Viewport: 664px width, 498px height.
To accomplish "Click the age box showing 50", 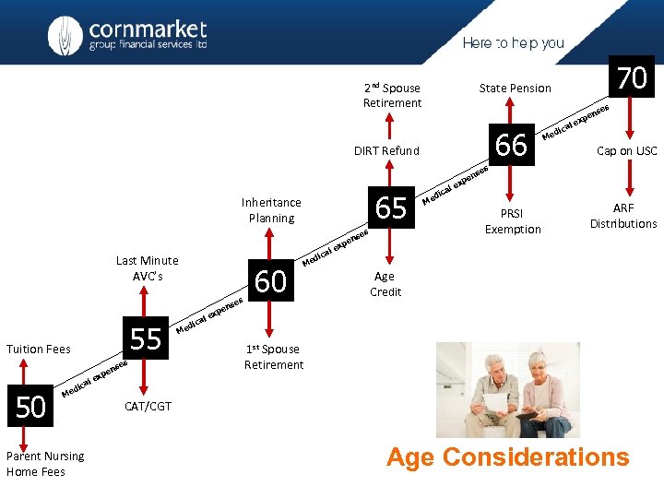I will pyautogui.click(x=31, y=407).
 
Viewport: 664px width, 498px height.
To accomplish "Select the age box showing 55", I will pyautogui.click(x=146, y=339).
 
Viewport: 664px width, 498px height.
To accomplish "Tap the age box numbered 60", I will pyautogui.click(x=270, y=280).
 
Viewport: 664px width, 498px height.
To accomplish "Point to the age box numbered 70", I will pyautogui.click(x=632, y=78).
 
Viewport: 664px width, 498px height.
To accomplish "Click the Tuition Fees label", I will pyautogui.click(x=39, y=349).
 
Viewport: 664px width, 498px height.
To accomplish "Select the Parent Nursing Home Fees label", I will pyautogui.click(x=44, y=464).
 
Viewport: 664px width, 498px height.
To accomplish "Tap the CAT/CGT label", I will pyautogui.click(x=148, y=407).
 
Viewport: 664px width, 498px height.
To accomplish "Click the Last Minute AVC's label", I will pyautogui.click(x=148, y=268).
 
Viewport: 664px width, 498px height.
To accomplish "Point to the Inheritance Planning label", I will pyautogui.click(x=271, y=210).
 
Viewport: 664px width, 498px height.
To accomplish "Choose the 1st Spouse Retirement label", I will pyautogui.click(x=273, y=357).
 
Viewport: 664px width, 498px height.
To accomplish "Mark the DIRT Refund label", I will pyautogui.click(x=386, y=151).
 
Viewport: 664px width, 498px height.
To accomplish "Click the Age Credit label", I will pyautogui.click(x=385, y=284).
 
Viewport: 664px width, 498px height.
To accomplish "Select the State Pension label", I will pyautogui.click(x=515, y=89).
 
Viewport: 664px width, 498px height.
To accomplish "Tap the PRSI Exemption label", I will pyautogui.click(x=513, y=221).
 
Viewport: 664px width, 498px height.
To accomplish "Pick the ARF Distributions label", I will pyautogui.click(x=623, y=217).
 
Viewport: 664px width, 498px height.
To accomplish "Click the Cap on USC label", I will pyautogui.click(x=626, y=151).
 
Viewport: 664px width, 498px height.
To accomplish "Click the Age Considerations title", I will pyautogui.click(x=507, y=457).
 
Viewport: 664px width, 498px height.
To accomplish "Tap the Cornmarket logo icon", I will pyautogui.click(x=66, y=35).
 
